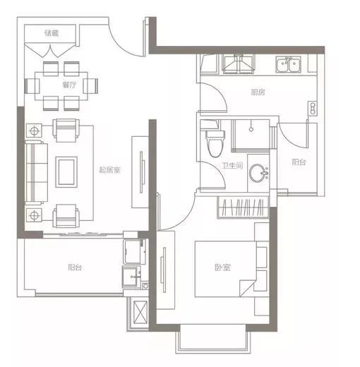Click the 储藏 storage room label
point(52,33)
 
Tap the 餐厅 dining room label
point(69,85)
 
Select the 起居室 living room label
point(110,169)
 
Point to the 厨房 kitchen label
point(258,92)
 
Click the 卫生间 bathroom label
point(232,166)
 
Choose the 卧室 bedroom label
point(222,267)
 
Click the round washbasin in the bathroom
point(258,173)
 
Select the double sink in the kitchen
point(288,64)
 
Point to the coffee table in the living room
point(66,172)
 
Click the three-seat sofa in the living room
point(37,172)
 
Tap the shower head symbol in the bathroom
point(251,129)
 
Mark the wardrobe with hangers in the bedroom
point(243,207)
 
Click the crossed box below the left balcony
point(140,312)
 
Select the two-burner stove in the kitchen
point(313,108)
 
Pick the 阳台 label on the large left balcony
point(75,267)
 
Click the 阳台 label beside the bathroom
point(299,162)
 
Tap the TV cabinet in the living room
point(140,172)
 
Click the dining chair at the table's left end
point(32,86)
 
